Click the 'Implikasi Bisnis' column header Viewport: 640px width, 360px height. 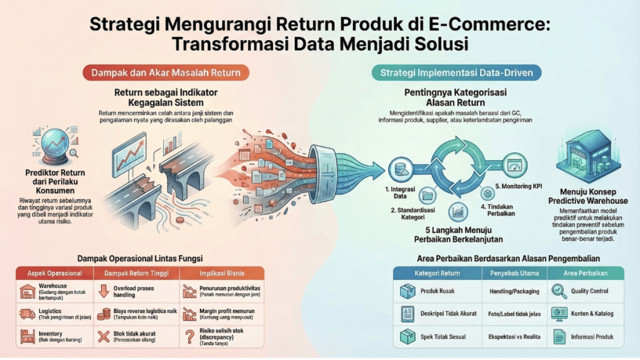coord(221,273)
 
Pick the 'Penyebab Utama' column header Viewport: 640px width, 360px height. coord(514,273)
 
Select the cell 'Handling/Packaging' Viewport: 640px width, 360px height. coord(514,291)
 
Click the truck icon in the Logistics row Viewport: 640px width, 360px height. coord(28,314)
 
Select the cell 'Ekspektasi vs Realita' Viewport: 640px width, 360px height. coord(514,336)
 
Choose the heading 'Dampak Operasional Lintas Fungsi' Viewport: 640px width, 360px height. coord(140,257)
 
